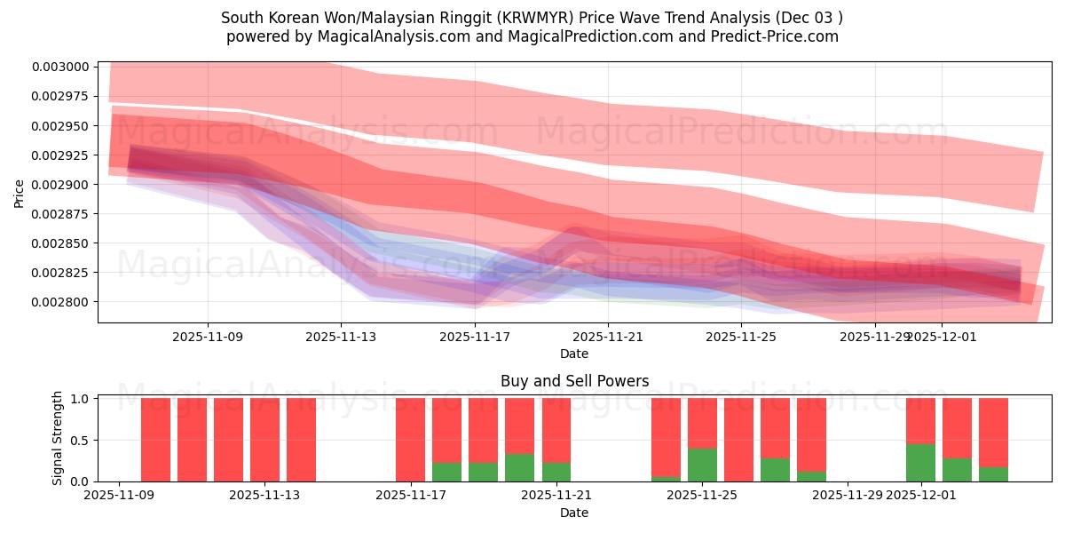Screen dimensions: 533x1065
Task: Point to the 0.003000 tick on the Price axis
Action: [61, 67]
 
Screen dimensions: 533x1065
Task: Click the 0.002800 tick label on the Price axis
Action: [61, 302]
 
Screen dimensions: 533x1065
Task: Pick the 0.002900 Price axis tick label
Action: [61, 185]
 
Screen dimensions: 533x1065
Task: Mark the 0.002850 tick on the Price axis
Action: [61, 243]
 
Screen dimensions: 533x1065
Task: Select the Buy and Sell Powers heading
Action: [574, 381]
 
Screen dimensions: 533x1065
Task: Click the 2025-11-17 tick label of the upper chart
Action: [475, 337]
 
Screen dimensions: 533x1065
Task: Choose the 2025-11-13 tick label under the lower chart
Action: [264, 495]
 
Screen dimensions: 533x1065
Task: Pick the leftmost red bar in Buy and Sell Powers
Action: [155, 440]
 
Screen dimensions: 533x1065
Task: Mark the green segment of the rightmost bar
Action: [993, 474]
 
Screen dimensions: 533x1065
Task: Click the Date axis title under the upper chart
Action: [574, 354]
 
